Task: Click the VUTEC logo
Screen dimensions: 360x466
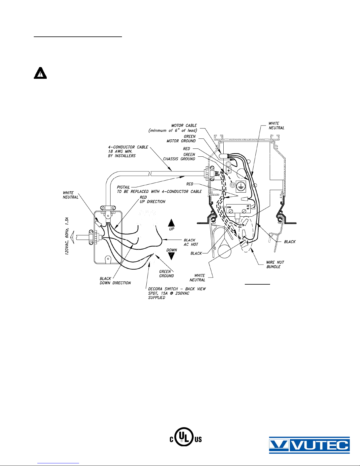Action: click(309, 445)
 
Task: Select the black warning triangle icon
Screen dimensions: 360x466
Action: click(40, 73)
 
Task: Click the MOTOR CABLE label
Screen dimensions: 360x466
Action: click(173, 128)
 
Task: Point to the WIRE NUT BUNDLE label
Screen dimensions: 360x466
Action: click(275, 264)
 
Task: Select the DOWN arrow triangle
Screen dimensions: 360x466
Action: click(171, 256)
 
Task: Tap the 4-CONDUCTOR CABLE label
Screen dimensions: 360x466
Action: click(128, 151)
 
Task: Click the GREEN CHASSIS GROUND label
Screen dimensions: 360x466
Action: click(179, 157)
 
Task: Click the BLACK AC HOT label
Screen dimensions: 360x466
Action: click(191, 242)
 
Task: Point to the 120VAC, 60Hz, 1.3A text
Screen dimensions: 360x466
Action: click(67, 236)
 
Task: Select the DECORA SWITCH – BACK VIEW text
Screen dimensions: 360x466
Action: click(177, 289)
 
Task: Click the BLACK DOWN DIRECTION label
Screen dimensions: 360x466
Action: click(115, 281)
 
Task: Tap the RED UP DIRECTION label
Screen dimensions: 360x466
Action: click(153, 199)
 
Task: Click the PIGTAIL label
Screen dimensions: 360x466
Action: click(123, 187)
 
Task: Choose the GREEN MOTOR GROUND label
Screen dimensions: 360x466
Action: click(181, 139)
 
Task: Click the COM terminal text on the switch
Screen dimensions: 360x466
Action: click(229, 207)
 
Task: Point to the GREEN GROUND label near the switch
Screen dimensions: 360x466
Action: click(167, 274)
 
